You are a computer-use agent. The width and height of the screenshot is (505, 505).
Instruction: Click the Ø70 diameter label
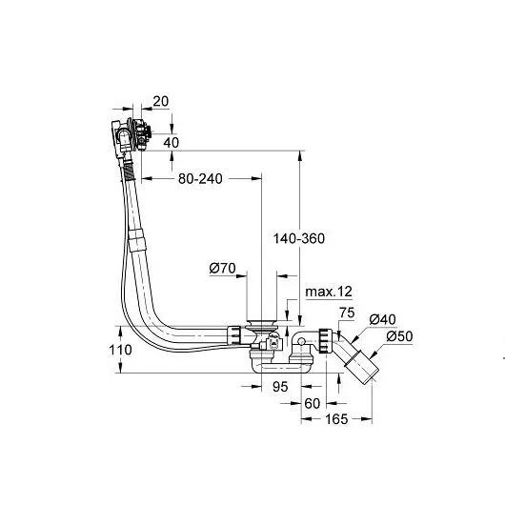tap(222, 269)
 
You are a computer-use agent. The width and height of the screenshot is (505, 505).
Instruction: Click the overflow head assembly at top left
tap(127, 133)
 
